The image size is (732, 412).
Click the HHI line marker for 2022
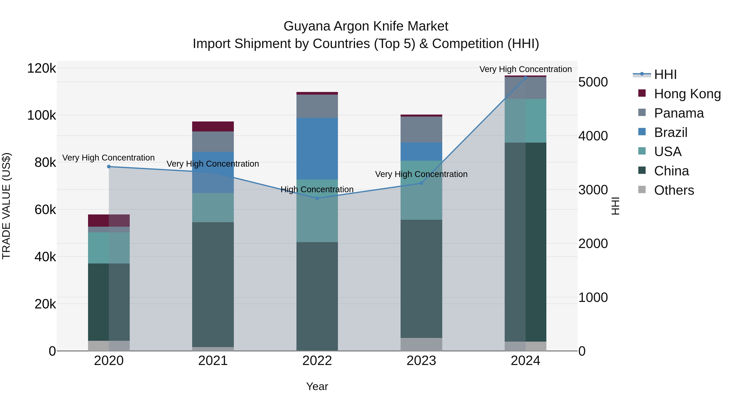[317, 198]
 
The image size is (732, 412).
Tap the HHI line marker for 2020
[109, 167]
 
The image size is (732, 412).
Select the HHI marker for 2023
[422, 183]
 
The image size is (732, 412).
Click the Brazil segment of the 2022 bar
[317, 149]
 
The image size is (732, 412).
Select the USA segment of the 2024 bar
[525, 121]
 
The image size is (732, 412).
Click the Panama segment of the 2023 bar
[422, 129]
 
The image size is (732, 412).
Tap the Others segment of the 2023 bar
[422, 344]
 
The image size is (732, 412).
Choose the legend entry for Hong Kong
[687, 94]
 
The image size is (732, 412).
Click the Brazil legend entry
[670, 132]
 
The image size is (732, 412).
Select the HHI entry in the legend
[665, 74]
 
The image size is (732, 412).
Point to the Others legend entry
[674, 190]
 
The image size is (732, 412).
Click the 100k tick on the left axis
[41, 115]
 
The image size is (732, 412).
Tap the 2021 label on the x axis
[213, 361]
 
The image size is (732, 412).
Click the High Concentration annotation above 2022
[317, 189]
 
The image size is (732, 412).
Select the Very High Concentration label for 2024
[525, 69]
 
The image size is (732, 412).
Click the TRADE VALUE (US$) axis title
[6, 206]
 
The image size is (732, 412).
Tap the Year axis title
[317, 386]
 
